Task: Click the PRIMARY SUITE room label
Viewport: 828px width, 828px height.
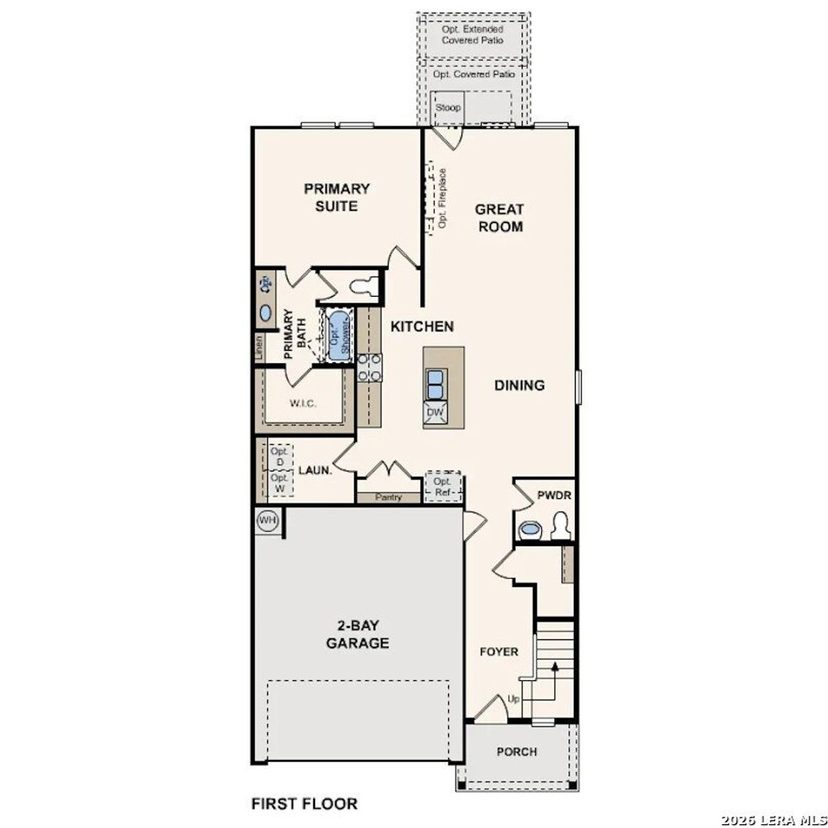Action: coord(336,197)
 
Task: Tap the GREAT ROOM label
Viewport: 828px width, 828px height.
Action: coord(499,218)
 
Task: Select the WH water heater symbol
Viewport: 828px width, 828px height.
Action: coord(267,521)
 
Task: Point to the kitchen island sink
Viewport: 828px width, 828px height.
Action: coord(435,384)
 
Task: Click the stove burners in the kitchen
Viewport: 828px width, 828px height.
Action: coord(369,367)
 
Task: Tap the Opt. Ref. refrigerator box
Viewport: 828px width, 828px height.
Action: coord(443,486)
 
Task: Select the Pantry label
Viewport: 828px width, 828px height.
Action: coord(388,497)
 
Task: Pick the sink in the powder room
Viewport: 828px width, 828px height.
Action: coord(530,530)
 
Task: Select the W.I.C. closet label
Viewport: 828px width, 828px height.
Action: coord(303,404)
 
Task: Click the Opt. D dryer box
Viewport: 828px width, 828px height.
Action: coord(279,457)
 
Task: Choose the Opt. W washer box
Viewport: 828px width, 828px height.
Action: coord(279,483)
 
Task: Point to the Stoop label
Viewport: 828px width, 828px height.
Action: coord(448,107)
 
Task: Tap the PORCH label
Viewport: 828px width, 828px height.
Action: coord(516,752)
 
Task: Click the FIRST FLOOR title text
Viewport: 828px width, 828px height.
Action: coord(304,804)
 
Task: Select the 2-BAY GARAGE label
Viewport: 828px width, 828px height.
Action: coord(357,635)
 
